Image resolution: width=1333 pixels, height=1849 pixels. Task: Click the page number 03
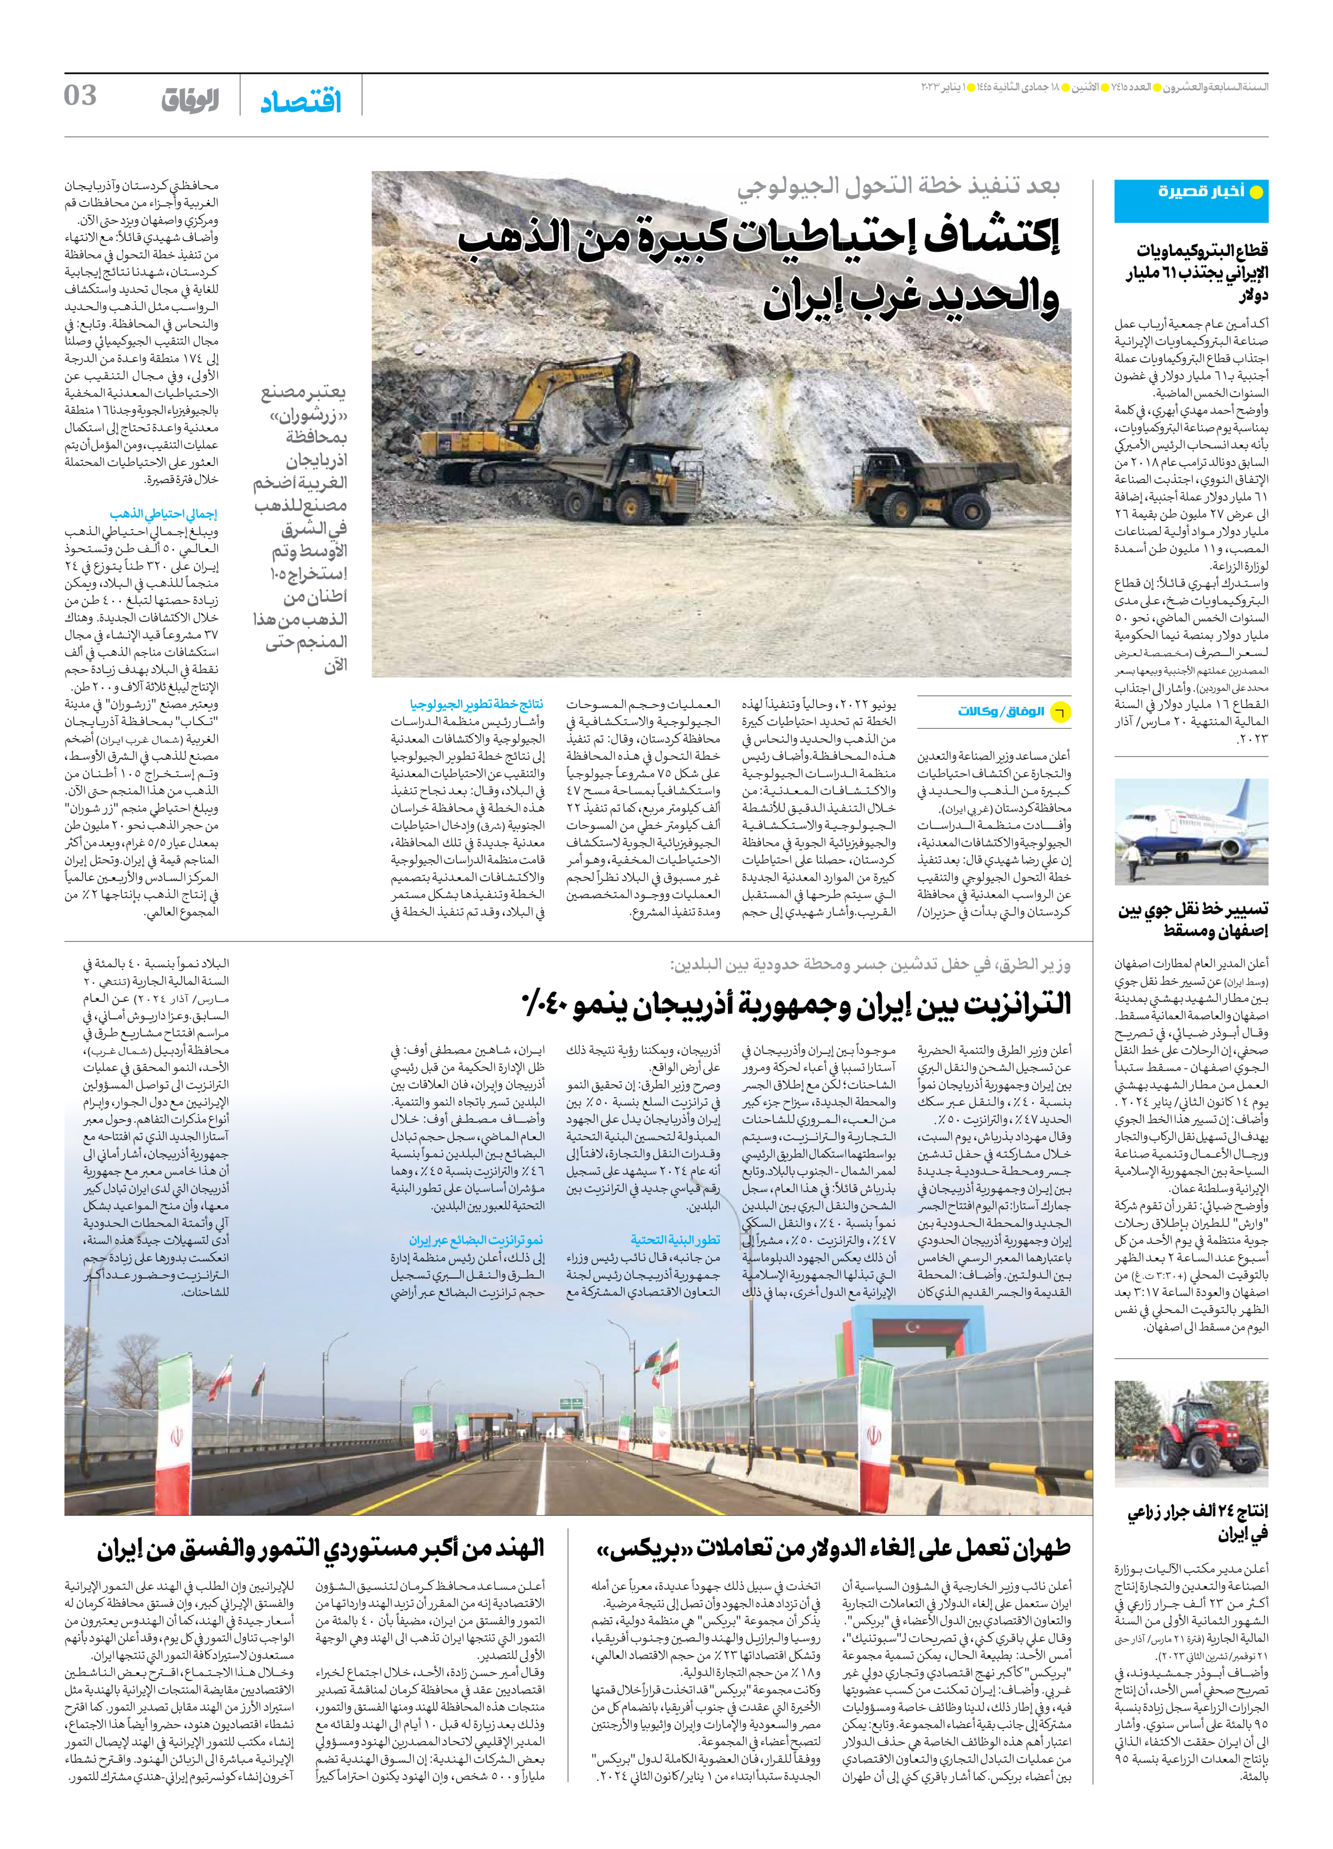point(80,96)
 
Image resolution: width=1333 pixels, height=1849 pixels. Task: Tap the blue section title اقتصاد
point(301,102)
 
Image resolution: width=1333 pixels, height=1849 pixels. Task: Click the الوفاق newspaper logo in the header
point(189,100)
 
